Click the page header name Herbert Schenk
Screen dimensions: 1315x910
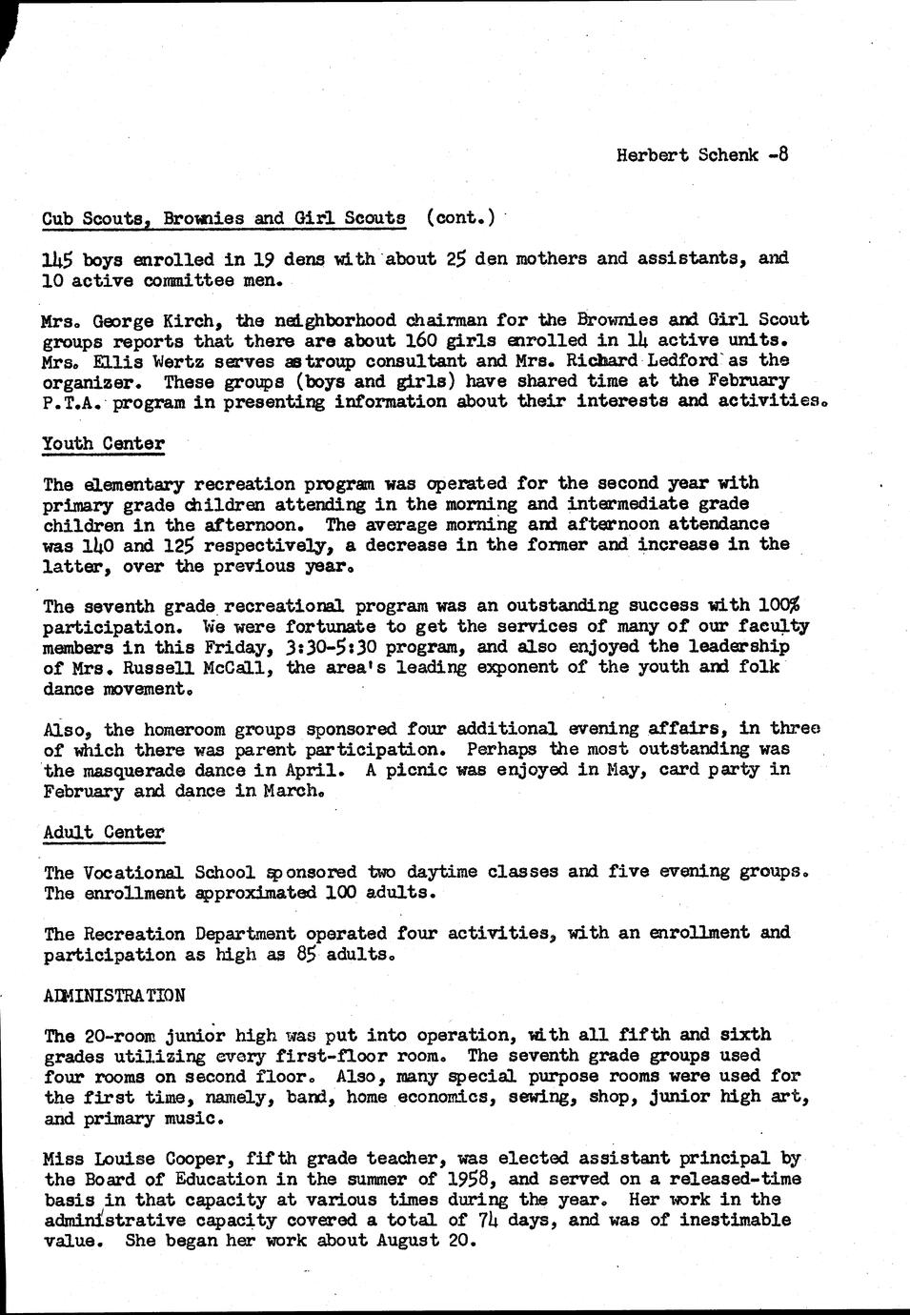pyautogui.click(x=686, y=155)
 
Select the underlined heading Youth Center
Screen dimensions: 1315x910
pyautogui.click(x=104, y=443)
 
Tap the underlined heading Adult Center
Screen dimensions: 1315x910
pyautogui.click(x=104, y=832)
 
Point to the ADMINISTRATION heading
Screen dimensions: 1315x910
pyautogui.click(x=114, y=995)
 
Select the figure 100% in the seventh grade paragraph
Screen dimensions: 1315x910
pyautogui.click(x=779, y=606)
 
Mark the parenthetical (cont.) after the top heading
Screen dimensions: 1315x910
pyautogui.click(x=460, y=218)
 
